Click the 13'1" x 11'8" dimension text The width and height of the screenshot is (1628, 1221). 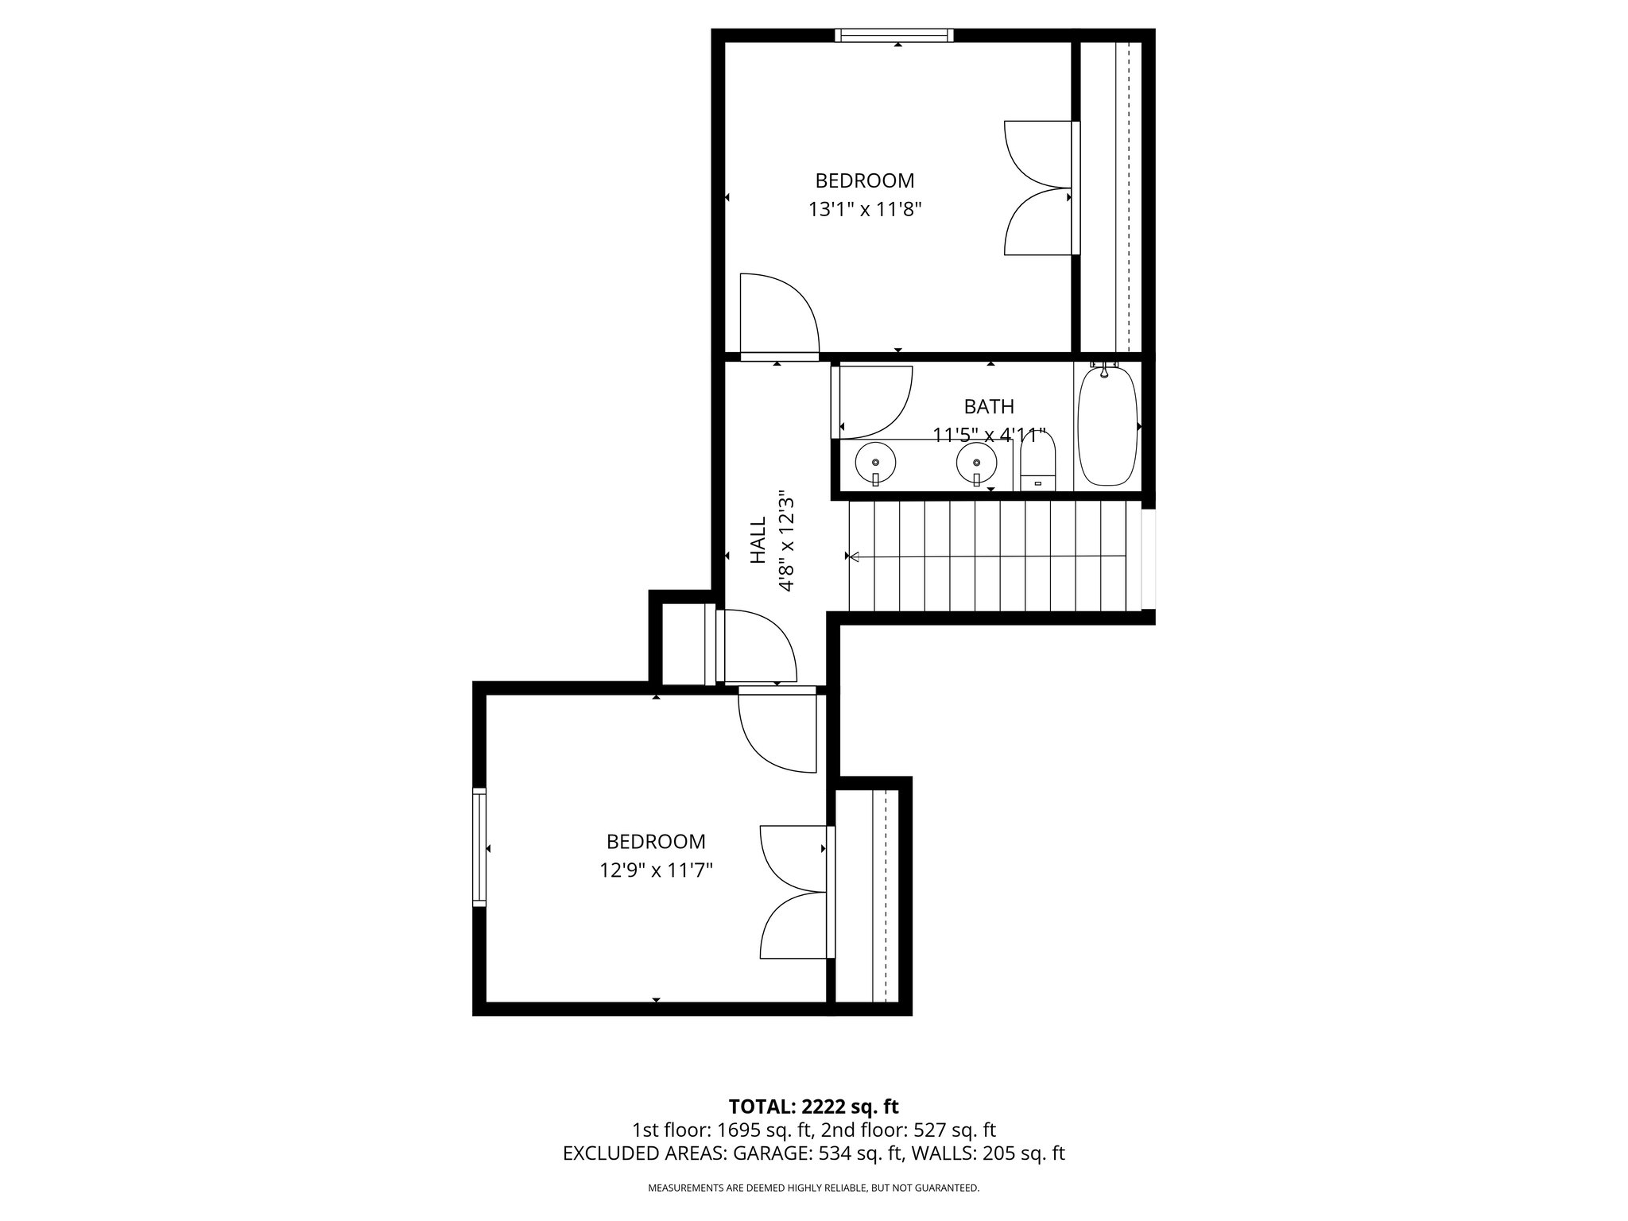864,210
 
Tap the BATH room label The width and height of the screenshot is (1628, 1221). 989,406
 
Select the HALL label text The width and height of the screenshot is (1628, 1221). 758,541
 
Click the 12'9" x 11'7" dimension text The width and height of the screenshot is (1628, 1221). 656,871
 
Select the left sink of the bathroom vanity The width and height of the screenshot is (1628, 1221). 875,462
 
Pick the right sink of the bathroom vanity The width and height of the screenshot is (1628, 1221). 976,462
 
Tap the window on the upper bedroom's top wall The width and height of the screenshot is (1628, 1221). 894,35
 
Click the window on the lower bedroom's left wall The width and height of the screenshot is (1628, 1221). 479,847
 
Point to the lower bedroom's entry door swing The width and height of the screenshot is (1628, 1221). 775,731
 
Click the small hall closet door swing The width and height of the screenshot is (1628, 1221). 755,645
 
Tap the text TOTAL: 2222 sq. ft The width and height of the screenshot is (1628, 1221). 813,1107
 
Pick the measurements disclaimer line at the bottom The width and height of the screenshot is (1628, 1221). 813,1188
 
